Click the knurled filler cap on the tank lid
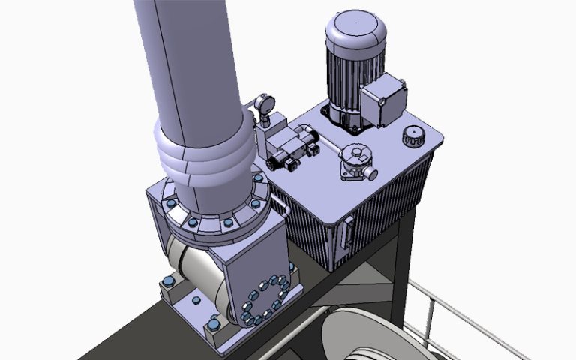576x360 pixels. (x=413, y=137)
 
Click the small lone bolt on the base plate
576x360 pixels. (x=196, y=301)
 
